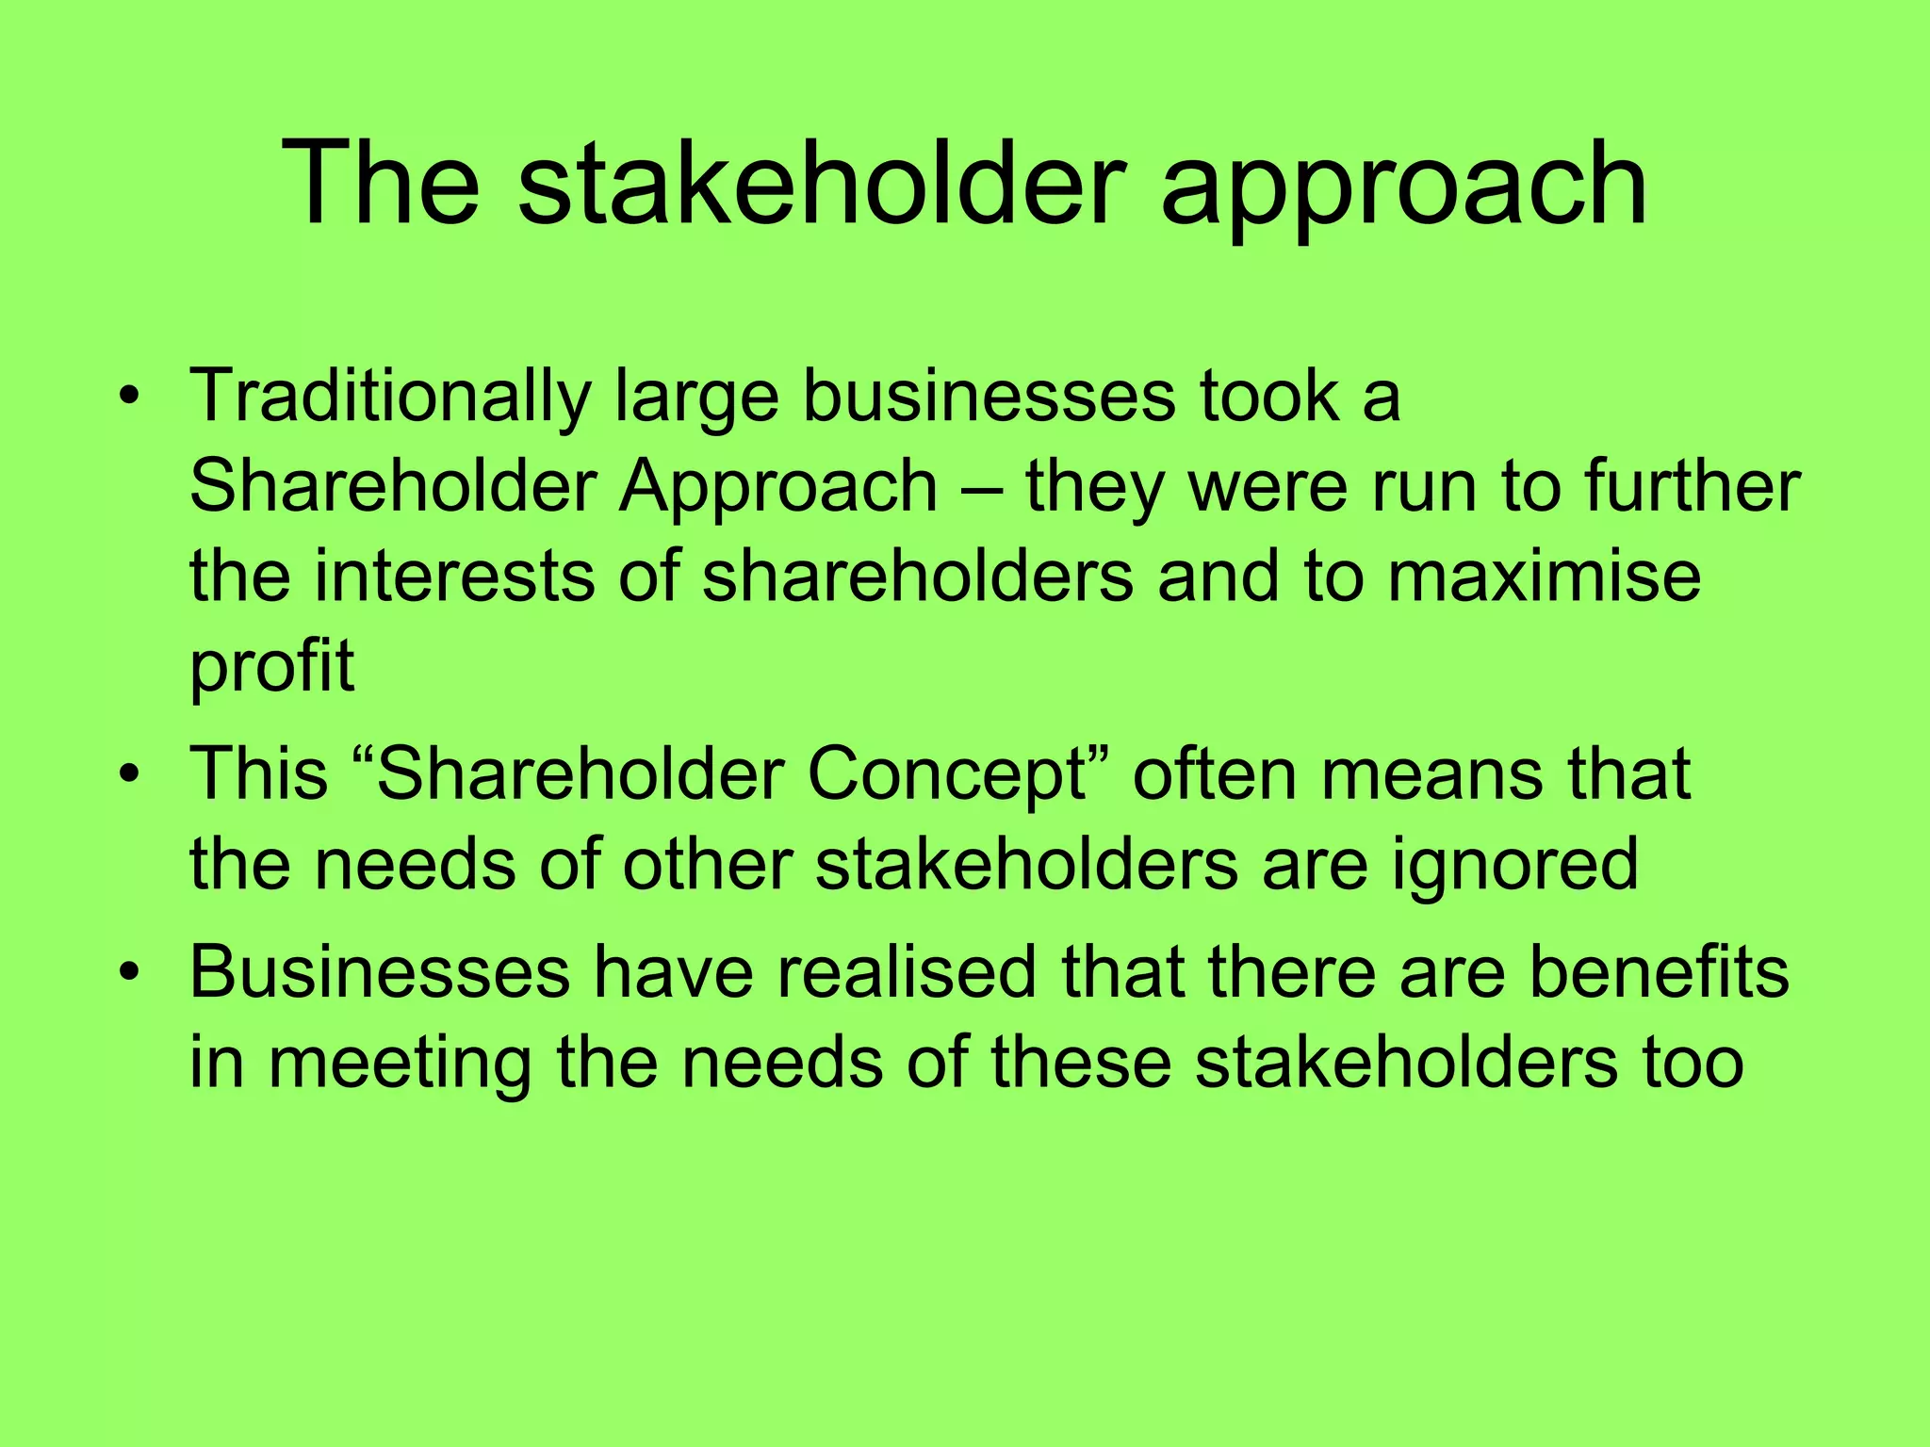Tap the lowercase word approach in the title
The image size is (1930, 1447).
tap(1404, 188)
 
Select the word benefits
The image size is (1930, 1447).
tap(1658, 972)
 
